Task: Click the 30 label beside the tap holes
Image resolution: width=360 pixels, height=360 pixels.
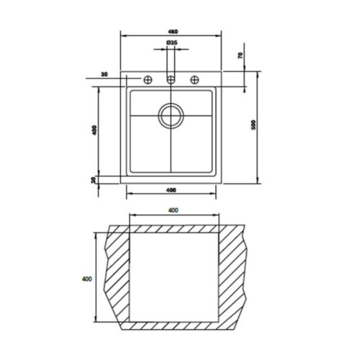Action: pyautogui.click(x=105, y=74)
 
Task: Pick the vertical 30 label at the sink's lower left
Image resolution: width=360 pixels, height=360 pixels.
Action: pyautogui.click(x=94, y=180)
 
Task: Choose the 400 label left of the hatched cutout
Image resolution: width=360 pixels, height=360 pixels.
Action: pyautogui.click(x=87, y=278)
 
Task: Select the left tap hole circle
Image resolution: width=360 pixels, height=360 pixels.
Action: pyautogui.click(x=149, y=79)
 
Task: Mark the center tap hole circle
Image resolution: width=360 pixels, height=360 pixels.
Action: pyautogui.click(x=171, y=79)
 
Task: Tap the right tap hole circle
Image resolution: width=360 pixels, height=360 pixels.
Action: pyautogui.click(x=194, y=79)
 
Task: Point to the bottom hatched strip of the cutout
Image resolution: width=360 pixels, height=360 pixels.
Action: pyautogui.click(x=173, y=325)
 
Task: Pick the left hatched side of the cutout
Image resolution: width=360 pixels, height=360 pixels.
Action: pyautogui.click(x=117, y=277)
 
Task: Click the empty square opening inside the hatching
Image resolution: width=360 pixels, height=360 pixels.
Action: pyautogui.click(x=174, y=277)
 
